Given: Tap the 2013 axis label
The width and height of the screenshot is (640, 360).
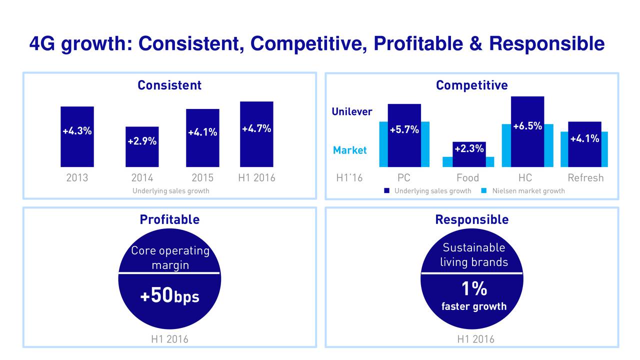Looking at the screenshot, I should click(77, 178).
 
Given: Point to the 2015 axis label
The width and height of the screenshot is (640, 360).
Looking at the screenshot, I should click(202, 178).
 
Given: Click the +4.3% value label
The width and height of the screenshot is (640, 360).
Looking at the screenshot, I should click(77, 131).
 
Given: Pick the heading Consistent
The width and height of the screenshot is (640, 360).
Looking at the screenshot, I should click(169, 85).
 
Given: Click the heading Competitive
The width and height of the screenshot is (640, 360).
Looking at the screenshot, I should click(471, 85).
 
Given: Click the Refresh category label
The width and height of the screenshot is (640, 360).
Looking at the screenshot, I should click(585, 178).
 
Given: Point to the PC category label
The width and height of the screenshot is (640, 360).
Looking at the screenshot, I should click(404, 178).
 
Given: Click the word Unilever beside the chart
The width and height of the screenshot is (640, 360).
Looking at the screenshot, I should click(352, 111).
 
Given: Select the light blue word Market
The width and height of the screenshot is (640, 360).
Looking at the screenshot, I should click(350, 150).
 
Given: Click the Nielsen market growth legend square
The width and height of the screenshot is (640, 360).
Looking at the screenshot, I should click(485, 190).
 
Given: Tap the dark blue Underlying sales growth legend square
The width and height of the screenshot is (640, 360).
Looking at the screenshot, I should click(387, 190).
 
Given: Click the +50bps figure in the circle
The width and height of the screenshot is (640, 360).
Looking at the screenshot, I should click(169, 297).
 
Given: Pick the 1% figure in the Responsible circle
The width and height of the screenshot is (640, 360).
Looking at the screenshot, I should click(473, 289).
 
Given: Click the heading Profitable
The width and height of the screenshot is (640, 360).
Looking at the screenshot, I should click(169, 219).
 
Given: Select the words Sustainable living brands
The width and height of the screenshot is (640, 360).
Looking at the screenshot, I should click(473, 255).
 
